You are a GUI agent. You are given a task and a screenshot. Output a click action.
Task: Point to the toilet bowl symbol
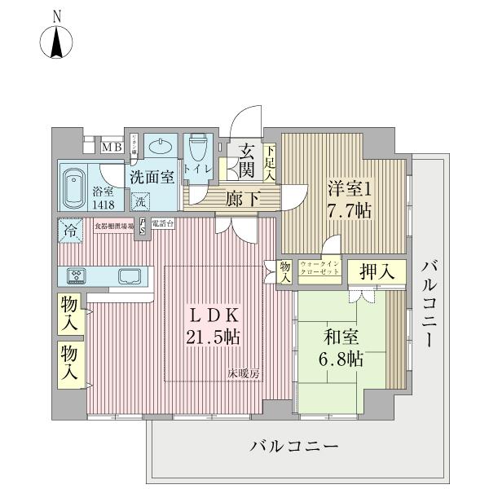(197, 149)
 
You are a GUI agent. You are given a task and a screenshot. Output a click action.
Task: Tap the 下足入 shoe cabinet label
(270, 162)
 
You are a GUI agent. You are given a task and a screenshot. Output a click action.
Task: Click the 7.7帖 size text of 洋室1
(350, 209)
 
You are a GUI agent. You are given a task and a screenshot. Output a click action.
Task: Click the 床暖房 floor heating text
(243, 374)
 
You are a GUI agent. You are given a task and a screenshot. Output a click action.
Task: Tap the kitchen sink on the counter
(130, 275)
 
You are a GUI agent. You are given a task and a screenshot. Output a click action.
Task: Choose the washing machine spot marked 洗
(141, 200)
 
